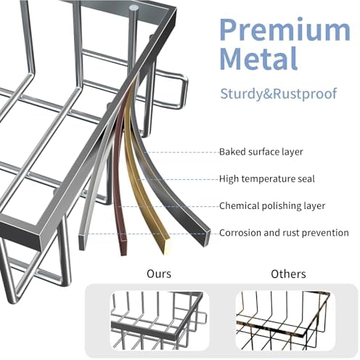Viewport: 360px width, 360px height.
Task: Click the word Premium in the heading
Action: [x=285, y=30]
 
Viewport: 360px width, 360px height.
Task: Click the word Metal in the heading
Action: [x=258, y=59]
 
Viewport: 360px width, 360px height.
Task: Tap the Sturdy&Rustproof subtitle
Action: [x=279, y=94]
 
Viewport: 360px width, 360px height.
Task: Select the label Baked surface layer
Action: [x=261, y=152]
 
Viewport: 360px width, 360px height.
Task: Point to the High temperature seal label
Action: [x=267, y=179]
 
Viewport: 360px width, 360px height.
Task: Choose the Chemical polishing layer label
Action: [x=272, y=206]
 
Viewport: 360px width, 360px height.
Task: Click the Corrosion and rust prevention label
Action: [x=284, y=233]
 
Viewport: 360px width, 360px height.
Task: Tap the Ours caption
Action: [x=159, y=274]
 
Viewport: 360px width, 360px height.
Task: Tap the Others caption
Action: [x=288, y=274]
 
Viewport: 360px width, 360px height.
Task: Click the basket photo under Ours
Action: [x=160, y=321]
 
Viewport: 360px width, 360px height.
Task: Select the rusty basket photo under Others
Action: [x=285, y=321]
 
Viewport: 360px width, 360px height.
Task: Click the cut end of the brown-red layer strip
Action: [x=123, y=247]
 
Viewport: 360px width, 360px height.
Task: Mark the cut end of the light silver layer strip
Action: [x=82, y=242]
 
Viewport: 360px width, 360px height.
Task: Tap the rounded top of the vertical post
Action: [x=133, y=8]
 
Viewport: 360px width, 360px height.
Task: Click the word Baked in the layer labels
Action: [x=232, y=152]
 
